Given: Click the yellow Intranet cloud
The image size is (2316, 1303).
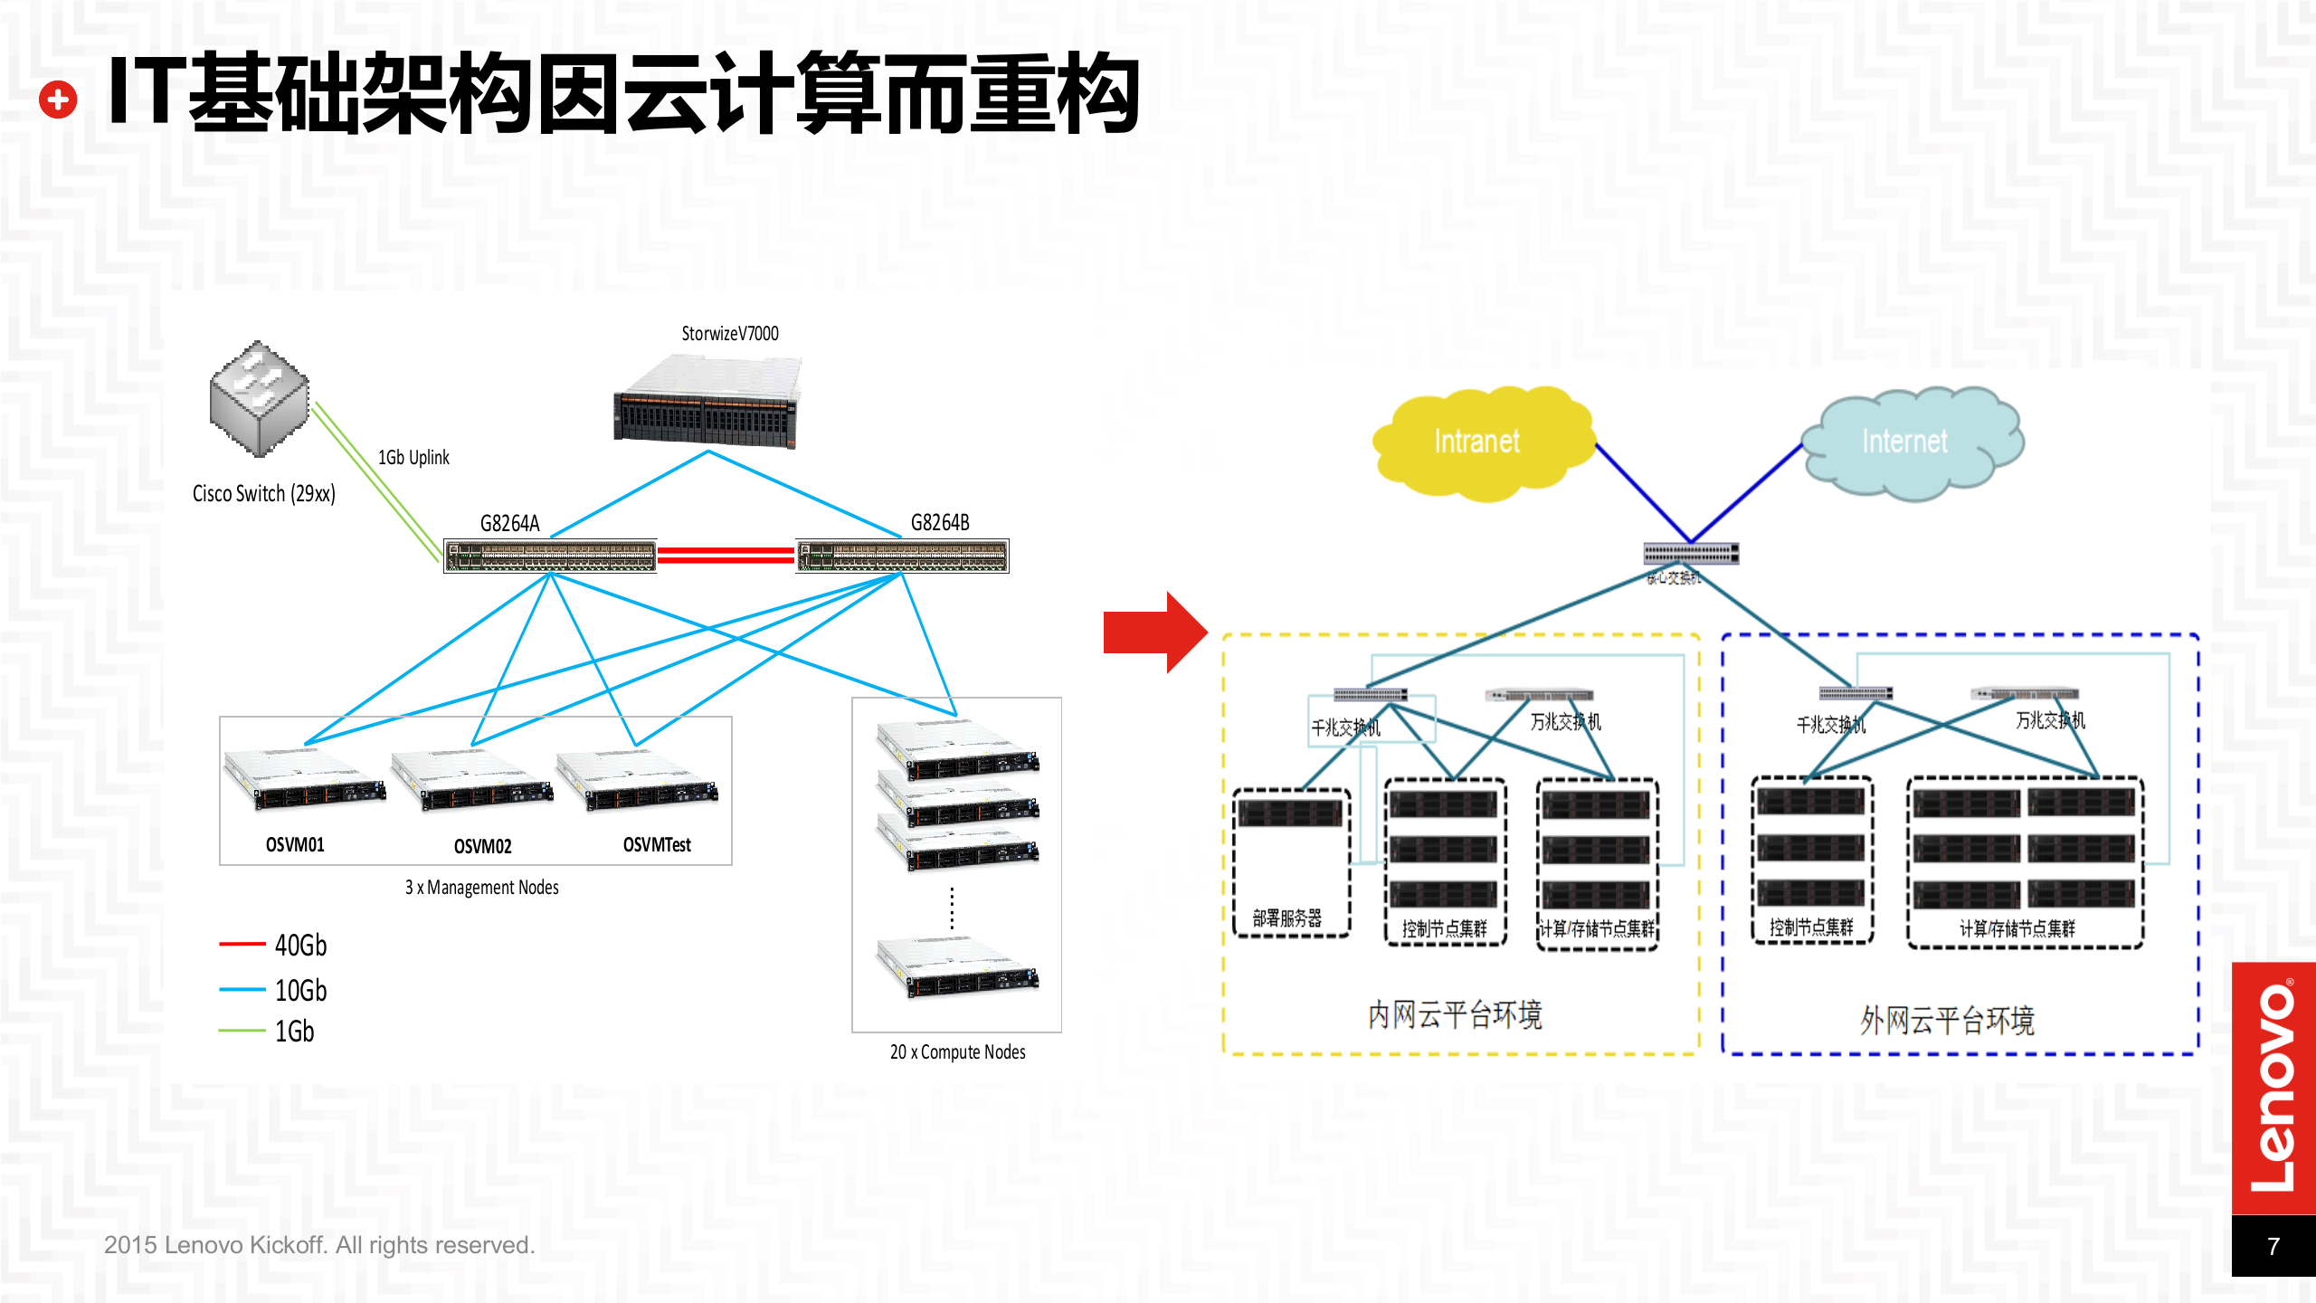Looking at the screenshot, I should pyautogui.click(x=1480, y=442).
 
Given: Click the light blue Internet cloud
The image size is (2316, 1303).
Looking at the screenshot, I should pyautogui.click(x=1909, y=442).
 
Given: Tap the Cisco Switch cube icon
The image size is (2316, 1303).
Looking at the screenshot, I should pyautogui.click(x=260, y=398).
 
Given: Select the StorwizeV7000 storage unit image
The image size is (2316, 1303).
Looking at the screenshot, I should pyautogui.click(x=707, y=404).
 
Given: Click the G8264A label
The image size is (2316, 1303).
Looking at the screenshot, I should pyautogui.click(x=509, y=523).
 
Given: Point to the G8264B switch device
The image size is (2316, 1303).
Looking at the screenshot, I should pyautogui.click(x=902, y=556).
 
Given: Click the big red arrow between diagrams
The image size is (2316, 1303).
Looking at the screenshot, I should pyautogui.click(x=1154, y=632).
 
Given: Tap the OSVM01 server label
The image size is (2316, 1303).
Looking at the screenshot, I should pyautogui.click(x=295, y=845).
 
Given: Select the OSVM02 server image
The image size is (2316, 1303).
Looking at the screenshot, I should pyautogui.click(x=472, y=783).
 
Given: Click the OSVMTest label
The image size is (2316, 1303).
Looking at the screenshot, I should pyautogui.click(x=657, y=845).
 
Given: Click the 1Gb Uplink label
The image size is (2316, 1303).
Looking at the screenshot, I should pyautogui.click(x=413, y=458).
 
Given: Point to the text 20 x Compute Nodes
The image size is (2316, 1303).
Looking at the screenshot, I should pyautogui.click(x=957, y=1052).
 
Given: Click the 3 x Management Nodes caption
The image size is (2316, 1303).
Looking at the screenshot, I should pyautogui.click(x=481, y=888).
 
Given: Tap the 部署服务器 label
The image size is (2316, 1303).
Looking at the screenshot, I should pyautogui.click(x=1286, y=918).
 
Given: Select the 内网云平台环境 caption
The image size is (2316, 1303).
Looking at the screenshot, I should pyautogui.click(x=1455, y=1015).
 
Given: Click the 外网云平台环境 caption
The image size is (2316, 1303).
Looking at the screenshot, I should pyautogui.click(x=1947, y=1021).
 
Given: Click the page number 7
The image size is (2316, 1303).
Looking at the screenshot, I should pyautogui.click(x=2273, y=1247).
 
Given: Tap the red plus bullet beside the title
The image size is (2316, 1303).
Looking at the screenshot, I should pyautogui.click(x=59, y=100).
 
